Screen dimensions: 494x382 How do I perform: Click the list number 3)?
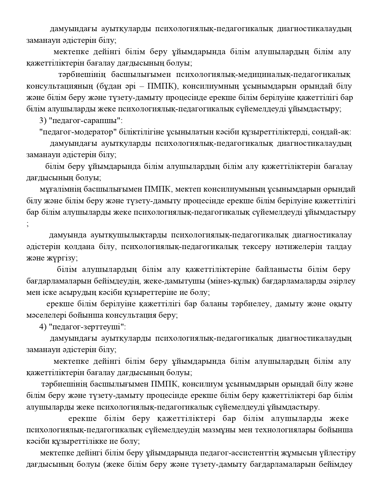(x=43, y=121)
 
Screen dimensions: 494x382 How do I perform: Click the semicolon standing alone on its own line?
(x=28, y=224)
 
